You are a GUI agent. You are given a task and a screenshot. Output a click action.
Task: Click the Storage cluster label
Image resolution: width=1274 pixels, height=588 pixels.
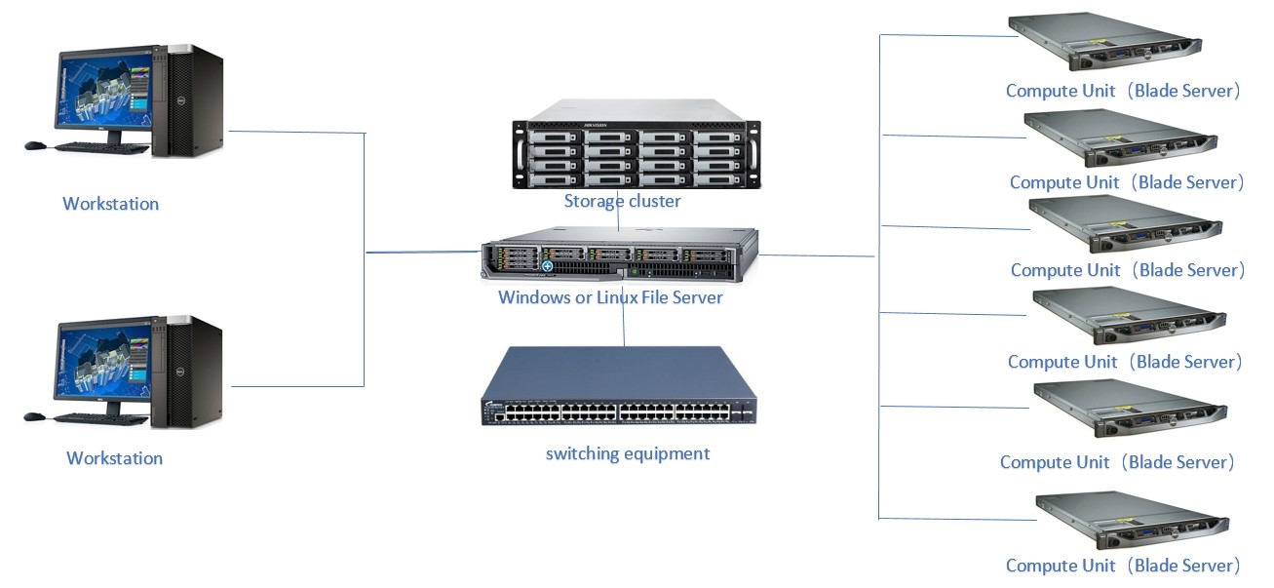(x=622, y=202)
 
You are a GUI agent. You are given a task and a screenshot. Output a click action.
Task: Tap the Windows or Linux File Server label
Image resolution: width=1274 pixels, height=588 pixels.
(x=610, y=296)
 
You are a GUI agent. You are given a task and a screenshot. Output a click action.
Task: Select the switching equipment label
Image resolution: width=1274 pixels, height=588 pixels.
(x=627, y=453)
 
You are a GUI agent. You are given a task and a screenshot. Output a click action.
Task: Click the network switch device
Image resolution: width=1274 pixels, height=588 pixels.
(x=619, y=386)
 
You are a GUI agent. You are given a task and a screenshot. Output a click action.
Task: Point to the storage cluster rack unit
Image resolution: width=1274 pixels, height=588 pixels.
(x=636, y=152)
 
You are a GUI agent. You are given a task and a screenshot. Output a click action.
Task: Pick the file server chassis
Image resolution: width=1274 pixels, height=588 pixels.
(x=618, y=256)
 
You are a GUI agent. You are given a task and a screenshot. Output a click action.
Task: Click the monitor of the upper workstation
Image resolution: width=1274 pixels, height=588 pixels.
(x=102, y=92)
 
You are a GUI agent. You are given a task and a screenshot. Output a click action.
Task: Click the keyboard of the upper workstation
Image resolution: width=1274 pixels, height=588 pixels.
(x=102, y=148)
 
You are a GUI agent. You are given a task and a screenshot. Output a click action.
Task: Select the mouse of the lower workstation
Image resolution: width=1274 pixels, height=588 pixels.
(x=34, y=416)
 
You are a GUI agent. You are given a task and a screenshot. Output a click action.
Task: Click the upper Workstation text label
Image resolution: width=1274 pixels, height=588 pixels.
(x=110, y=204)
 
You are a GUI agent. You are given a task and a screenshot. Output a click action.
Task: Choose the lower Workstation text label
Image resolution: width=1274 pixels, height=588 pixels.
(x=114, y=458)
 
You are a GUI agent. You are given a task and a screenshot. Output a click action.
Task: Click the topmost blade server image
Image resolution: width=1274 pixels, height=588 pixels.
(x=1105, y=42)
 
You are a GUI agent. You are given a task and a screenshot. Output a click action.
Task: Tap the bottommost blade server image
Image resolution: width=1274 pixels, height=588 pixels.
(x=1131, y=522)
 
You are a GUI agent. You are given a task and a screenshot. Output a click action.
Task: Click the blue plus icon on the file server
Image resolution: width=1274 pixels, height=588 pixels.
(x=548, y=266)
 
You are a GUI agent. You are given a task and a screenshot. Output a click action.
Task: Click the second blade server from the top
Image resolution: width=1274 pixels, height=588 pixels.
(x=1121, y=137)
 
